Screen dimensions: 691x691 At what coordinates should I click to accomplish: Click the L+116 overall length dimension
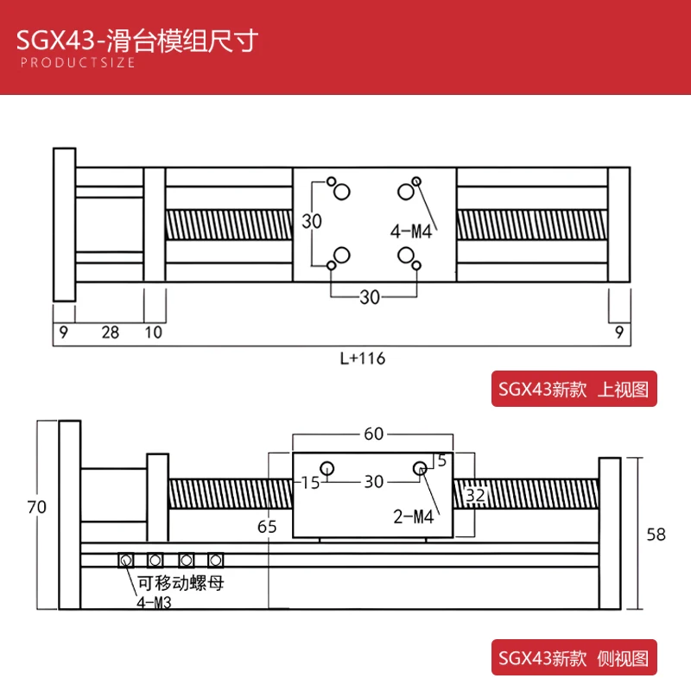pos(363,358)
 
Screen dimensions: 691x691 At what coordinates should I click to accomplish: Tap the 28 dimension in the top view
pos(111,333)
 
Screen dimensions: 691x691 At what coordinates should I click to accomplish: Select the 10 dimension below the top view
pos(154,333)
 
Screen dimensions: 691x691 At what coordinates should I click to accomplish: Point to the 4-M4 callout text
pos(411,231)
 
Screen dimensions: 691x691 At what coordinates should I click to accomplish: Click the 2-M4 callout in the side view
pos(414,517)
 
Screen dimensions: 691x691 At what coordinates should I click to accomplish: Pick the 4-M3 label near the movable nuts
pos(154,602)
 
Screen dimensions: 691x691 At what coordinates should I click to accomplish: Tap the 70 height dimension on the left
pos(36,507)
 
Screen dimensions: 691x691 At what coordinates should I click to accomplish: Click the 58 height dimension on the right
pos(656,535)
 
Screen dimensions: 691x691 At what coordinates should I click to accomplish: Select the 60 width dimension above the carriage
pos(374,434)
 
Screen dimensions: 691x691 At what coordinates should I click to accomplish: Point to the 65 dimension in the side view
pos(267,527)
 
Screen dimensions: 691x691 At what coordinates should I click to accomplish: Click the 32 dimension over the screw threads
pos(476,495)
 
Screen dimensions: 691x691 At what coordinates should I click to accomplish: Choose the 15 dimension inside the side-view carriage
pos(310,483)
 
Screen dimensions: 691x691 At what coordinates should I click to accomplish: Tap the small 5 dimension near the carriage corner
pos(442,460)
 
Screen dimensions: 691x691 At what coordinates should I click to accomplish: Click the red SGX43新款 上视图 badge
pos(574,389)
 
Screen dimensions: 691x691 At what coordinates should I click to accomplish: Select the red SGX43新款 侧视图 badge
pos(574,657)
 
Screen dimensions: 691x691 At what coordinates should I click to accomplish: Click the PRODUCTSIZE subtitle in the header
pos(78,62)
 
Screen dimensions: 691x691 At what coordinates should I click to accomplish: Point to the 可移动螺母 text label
pos(181,583)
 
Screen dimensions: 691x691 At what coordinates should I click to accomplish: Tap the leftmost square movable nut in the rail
pos(126,561)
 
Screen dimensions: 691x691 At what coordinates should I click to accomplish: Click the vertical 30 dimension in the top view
pos(312,221)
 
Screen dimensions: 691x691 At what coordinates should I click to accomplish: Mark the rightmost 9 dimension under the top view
pos(619,333)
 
